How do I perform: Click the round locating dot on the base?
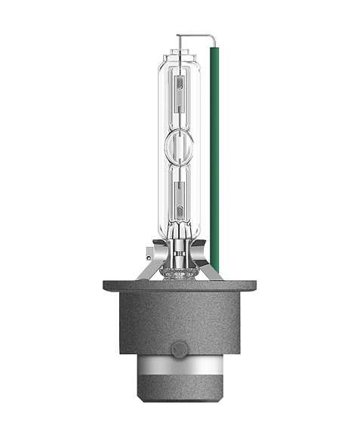click(x=179, y=348)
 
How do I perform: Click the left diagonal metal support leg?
click(x=155, y=269)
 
